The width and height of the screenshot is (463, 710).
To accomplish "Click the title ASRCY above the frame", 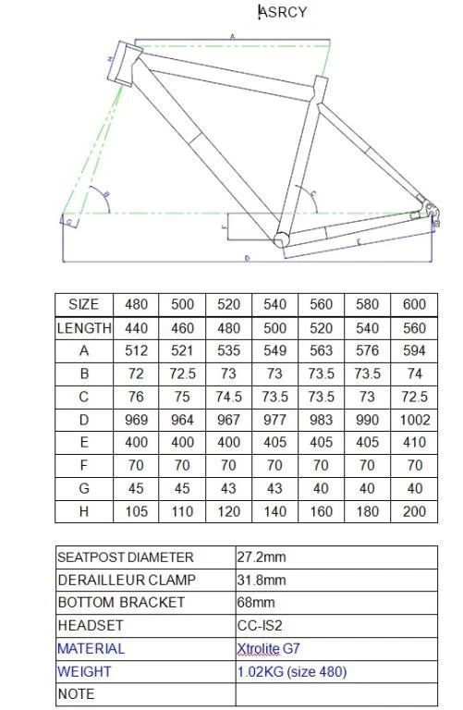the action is coord(283,12).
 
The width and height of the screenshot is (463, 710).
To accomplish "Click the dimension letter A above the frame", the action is coord(231,36).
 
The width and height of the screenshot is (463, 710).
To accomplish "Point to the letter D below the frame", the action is coord(247,258).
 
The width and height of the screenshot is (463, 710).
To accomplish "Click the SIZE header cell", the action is coord(83,304).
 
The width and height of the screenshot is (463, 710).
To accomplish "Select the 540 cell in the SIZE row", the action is coord(274,304).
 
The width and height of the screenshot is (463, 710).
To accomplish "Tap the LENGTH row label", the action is coord(84,327).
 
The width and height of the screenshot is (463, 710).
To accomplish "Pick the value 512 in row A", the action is coord(136,350).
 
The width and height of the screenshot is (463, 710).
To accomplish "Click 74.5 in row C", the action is coord(228,397).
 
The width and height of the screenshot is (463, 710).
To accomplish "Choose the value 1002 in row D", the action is coord(414,420).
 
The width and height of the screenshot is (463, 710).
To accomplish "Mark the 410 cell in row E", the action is coord(414,443).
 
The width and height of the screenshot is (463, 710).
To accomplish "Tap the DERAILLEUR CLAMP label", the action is coord(121,580).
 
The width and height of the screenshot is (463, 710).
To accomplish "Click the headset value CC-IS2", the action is coord(260,626).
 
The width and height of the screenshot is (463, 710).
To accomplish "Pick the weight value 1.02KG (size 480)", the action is coord(291,671).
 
